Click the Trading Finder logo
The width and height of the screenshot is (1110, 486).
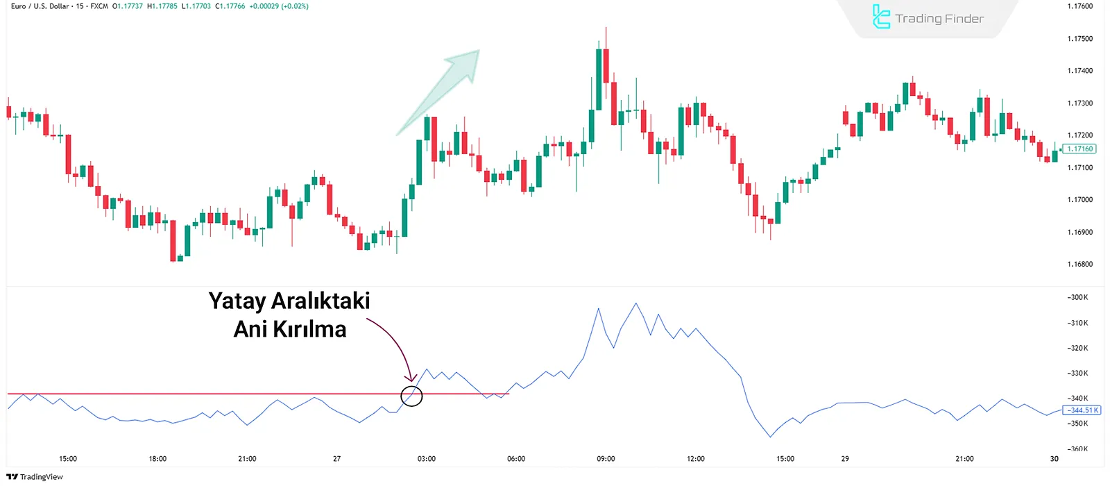pos(928,18)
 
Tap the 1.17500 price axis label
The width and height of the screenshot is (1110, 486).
pos(1079,39)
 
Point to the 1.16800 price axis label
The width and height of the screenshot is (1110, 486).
pos(1079,265)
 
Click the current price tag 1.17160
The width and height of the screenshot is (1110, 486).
pos(1080,149)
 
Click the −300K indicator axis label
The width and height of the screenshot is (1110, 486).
pos(1078,298)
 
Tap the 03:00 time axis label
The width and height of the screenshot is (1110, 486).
pos(427,459)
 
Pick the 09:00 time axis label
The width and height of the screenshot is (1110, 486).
pos(606,459)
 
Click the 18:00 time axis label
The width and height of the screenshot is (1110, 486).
pos(157,459)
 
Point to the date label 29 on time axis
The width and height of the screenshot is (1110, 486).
pos(845,459)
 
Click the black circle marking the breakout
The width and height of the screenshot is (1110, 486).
pos(411,396)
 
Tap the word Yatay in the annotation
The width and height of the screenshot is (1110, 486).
pos(237,301)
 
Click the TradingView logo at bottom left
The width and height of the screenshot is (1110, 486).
pos(35,477)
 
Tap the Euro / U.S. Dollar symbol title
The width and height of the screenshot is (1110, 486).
pos(40,6)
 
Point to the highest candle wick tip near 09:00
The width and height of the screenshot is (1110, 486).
pos(606,28)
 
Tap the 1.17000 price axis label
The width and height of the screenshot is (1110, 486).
pos(1079,200)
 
